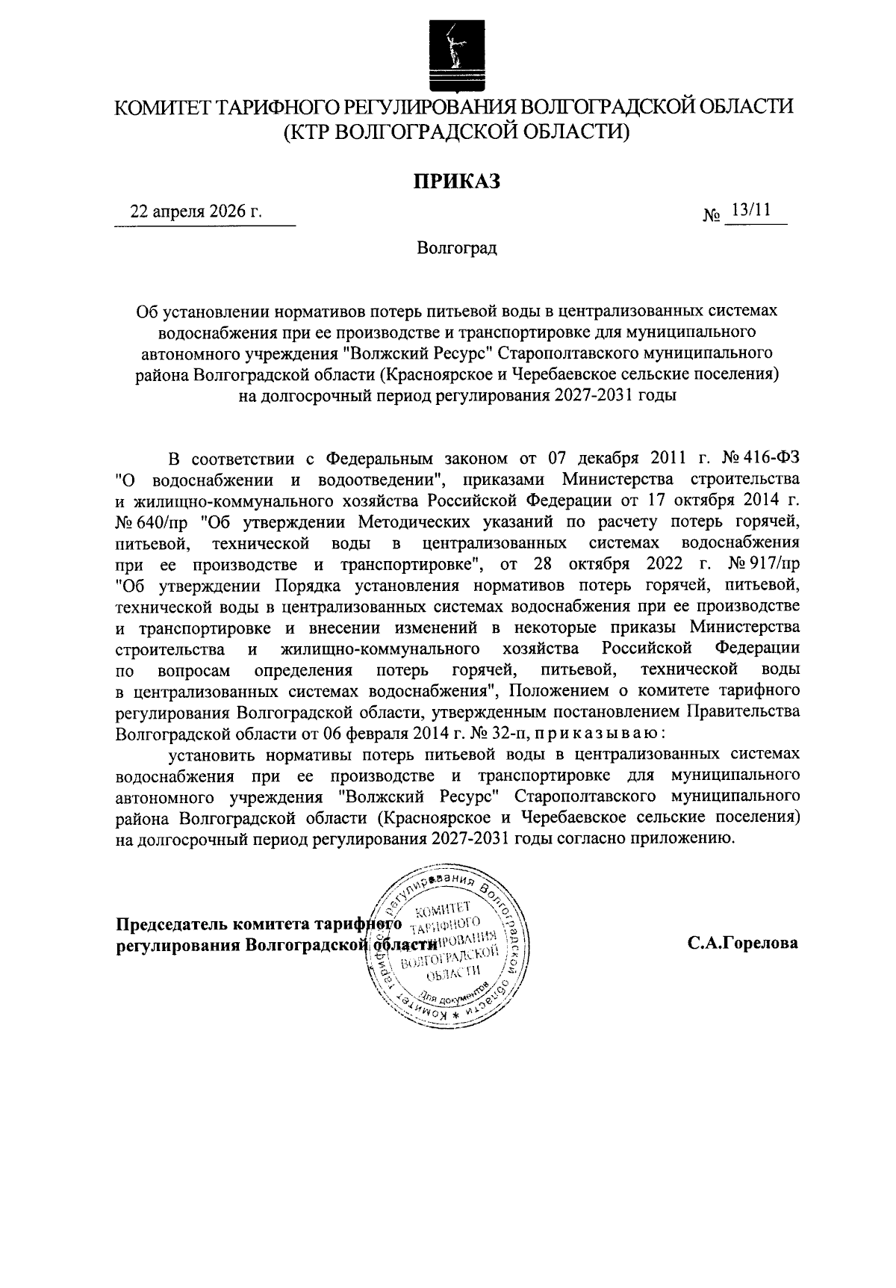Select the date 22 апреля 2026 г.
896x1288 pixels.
point(196,211)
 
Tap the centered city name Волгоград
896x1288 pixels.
point(457,248)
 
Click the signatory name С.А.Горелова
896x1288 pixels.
point(743,943)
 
